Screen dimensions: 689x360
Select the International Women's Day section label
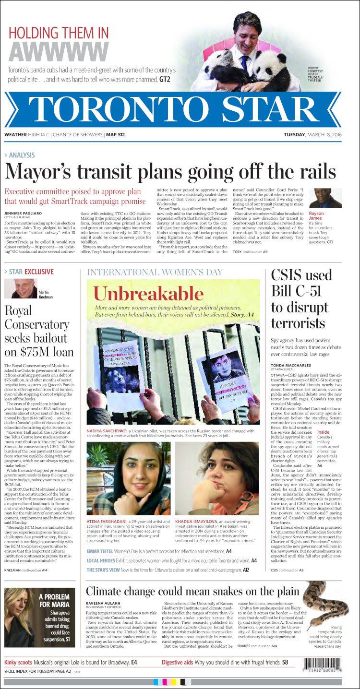tap(155, 272)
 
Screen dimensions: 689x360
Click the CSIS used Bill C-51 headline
tap(301, 298)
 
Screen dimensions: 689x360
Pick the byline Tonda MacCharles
tap(290, 366)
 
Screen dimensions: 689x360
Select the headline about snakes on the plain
tap(192, 590)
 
